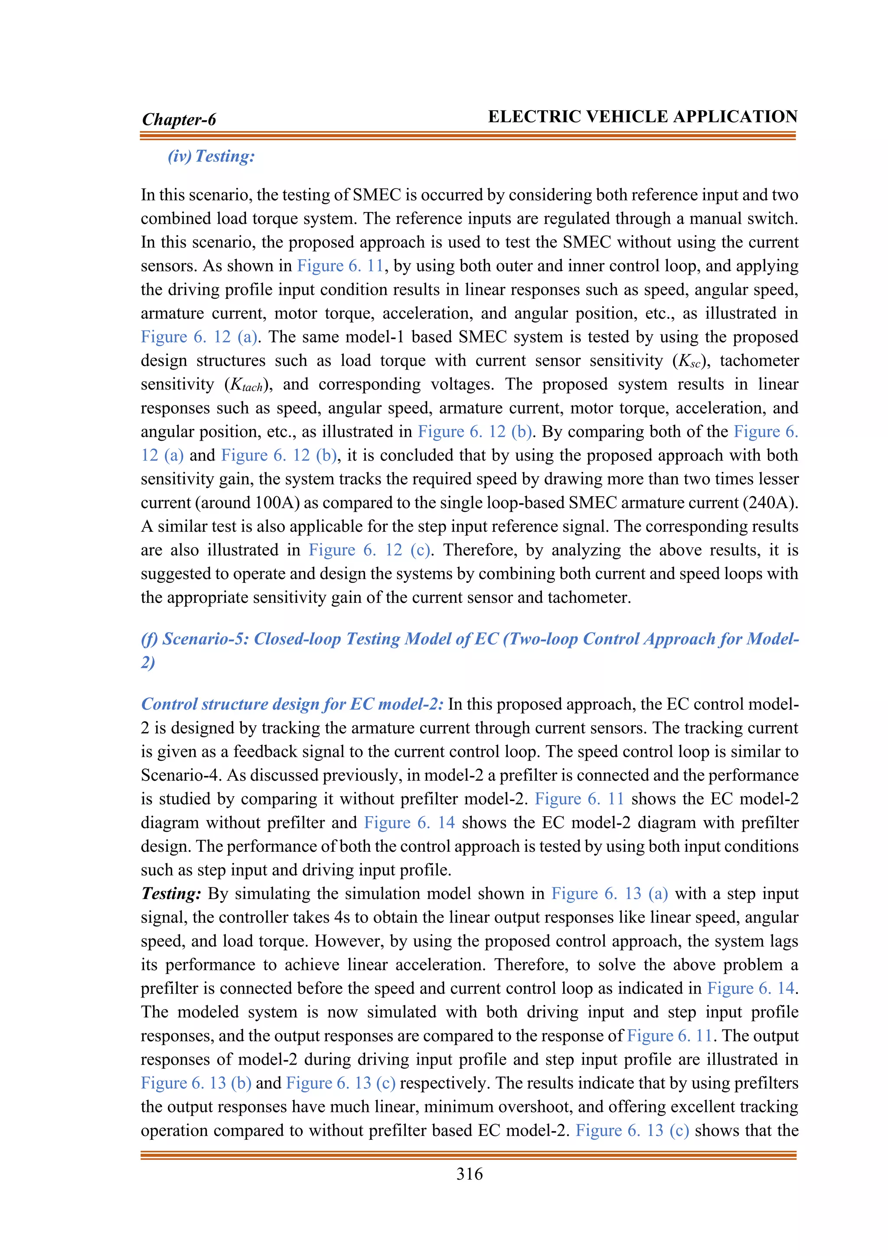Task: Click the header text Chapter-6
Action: point(179,119)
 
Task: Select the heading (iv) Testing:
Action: point(211,157)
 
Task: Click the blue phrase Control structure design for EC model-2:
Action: point(292,704)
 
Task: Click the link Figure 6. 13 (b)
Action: point(196,1083)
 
